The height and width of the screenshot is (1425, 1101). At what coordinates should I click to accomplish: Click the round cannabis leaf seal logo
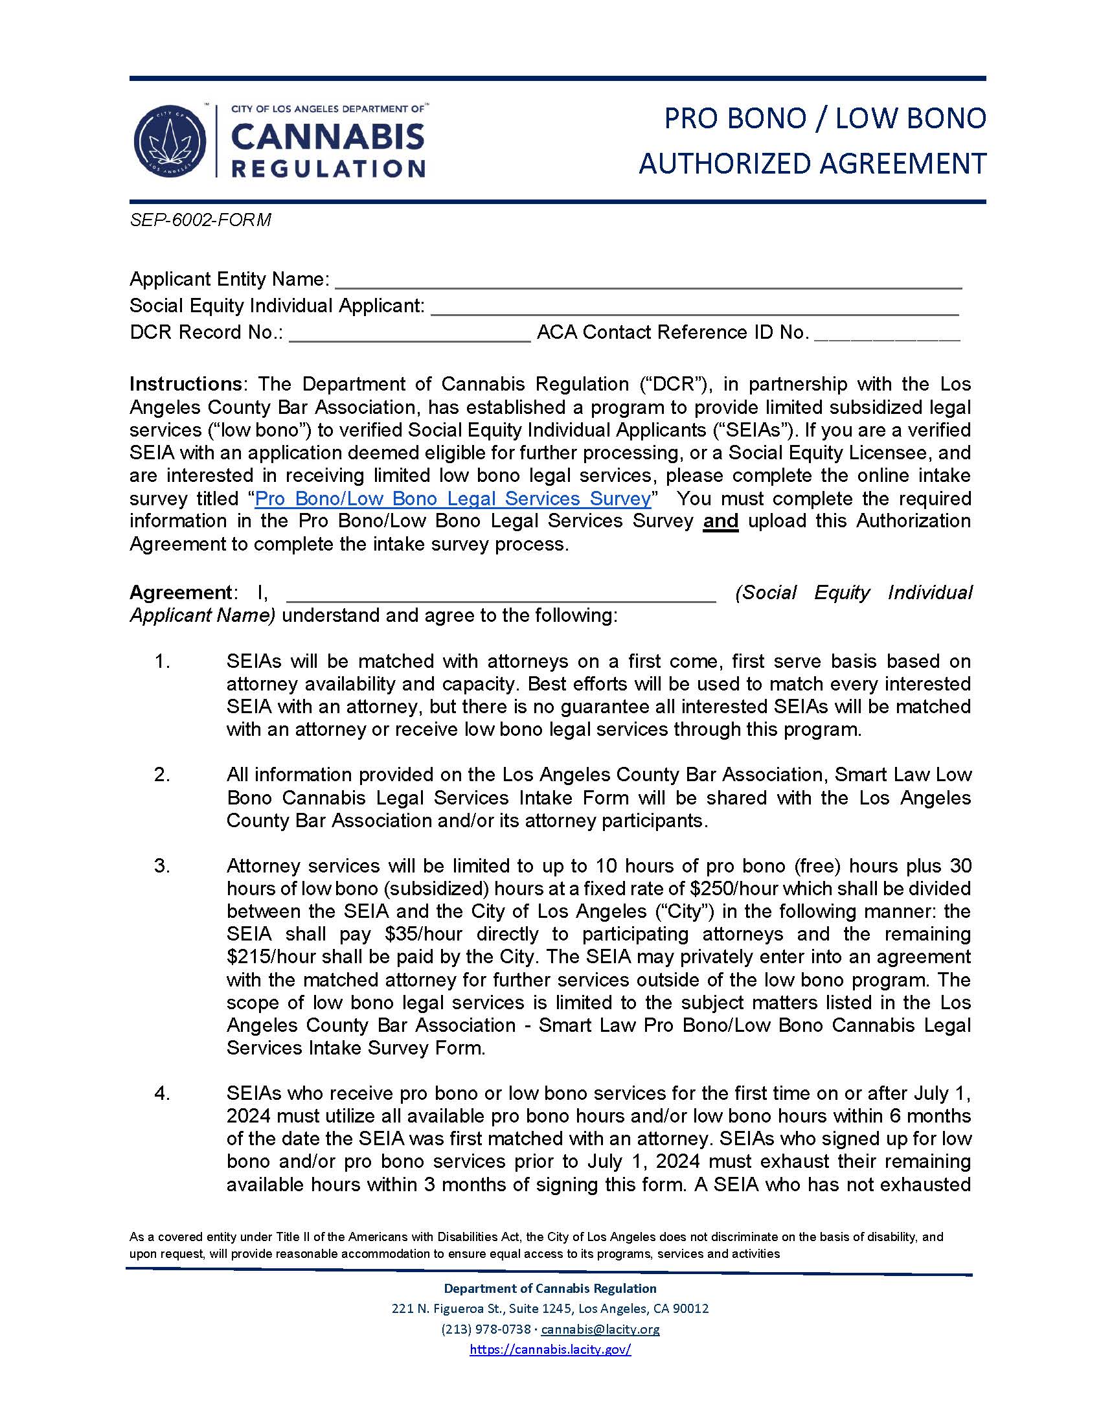tap(170, 142)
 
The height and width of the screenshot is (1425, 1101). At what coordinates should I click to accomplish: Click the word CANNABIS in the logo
tap(328, 138)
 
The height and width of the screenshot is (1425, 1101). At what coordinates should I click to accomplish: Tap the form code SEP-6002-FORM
tap(200, 220)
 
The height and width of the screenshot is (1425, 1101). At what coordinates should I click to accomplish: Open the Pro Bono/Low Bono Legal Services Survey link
tap(453, 499)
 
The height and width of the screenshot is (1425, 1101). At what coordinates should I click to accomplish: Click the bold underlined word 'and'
tap(720, 521)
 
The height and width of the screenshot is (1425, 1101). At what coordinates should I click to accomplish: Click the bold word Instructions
tap(185, 383)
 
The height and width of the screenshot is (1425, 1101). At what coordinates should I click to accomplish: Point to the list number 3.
tap(162, 866)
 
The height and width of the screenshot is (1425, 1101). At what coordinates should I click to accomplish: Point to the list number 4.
tap(162, 1093)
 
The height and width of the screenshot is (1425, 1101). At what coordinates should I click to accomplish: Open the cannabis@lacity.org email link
tap(600, 1329)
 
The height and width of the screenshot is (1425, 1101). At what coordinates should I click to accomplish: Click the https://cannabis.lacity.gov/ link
tap(550, 1349)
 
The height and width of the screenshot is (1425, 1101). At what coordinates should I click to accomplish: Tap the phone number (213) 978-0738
tap(486, 1329)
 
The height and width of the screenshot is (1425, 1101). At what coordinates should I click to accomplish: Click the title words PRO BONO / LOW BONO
tap(824, 119)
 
